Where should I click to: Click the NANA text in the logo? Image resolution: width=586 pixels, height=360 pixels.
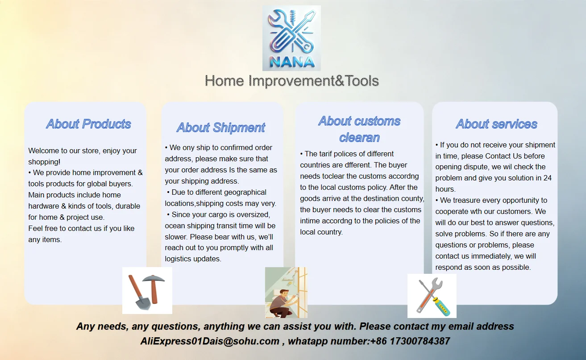pos(292,62)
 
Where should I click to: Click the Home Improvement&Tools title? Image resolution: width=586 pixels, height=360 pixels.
pos(292,81)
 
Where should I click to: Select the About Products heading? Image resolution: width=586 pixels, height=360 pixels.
pos(88,124)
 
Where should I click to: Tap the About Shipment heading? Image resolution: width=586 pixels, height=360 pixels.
pos(221,127)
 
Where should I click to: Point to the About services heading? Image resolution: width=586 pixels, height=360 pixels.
pos(496,124)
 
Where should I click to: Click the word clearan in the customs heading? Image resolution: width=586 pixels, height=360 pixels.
pos(359,138)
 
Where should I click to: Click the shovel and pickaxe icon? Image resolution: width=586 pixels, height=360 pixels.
pos(147,290)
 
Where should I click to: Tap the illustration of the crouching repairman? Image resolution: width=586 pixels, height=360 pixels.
pos(286,293)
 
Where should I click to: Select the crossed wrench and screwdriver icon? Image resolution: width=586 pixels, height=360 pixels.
pos(432,296)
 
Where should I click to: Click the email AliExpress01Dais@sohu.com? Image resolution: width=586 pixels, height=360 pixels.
pos(210,341)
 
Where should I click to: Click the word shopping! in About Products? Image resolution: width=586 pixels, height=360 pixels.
pos(44,162)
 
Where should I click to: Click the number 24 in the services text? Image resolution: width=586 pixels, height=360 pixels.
pos(548,178)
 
